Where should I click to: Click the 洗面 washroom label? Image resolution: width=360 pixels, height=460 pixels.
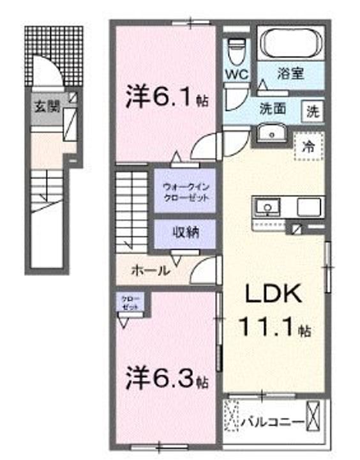pos(272,109)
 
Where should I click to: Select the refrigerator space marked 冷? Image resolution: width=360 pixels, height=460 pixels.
pos(308,145)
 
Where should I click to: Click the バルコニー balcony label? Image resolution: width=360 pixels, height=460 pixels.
pos(271,422)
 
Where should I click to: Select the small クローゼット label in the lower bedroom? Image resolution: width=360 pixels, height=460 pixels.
pos(130,303)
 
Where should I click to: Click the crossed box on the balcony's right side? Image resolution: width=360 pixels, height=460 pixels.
pos(313,413)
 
